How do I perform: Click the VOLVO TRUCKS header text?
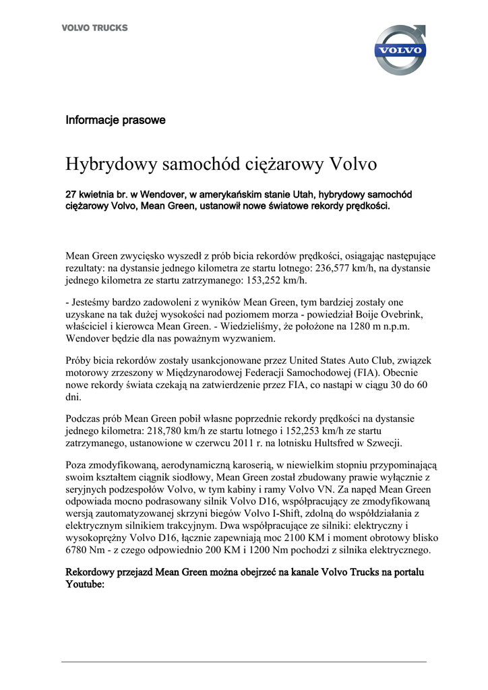94,28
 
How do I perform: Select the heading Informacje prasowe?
115,121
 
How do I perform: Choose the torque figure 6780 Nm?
89,551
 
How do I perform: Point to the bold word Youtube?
85,584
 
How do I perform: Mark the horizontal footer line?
244,662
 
